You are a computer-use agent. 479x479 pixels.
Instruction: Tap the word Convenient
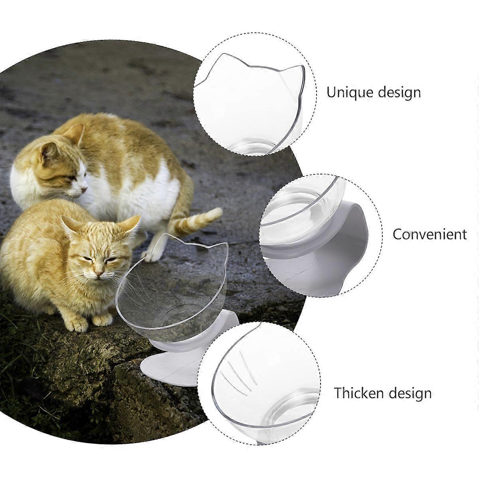430,234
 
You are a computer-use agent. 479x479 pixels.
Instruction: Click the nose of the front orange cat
99,273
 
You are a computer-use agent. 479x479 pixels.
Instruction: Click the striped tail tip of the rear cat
216,213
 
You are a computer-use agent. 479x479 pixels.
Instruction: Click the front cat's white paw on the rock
103,321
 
